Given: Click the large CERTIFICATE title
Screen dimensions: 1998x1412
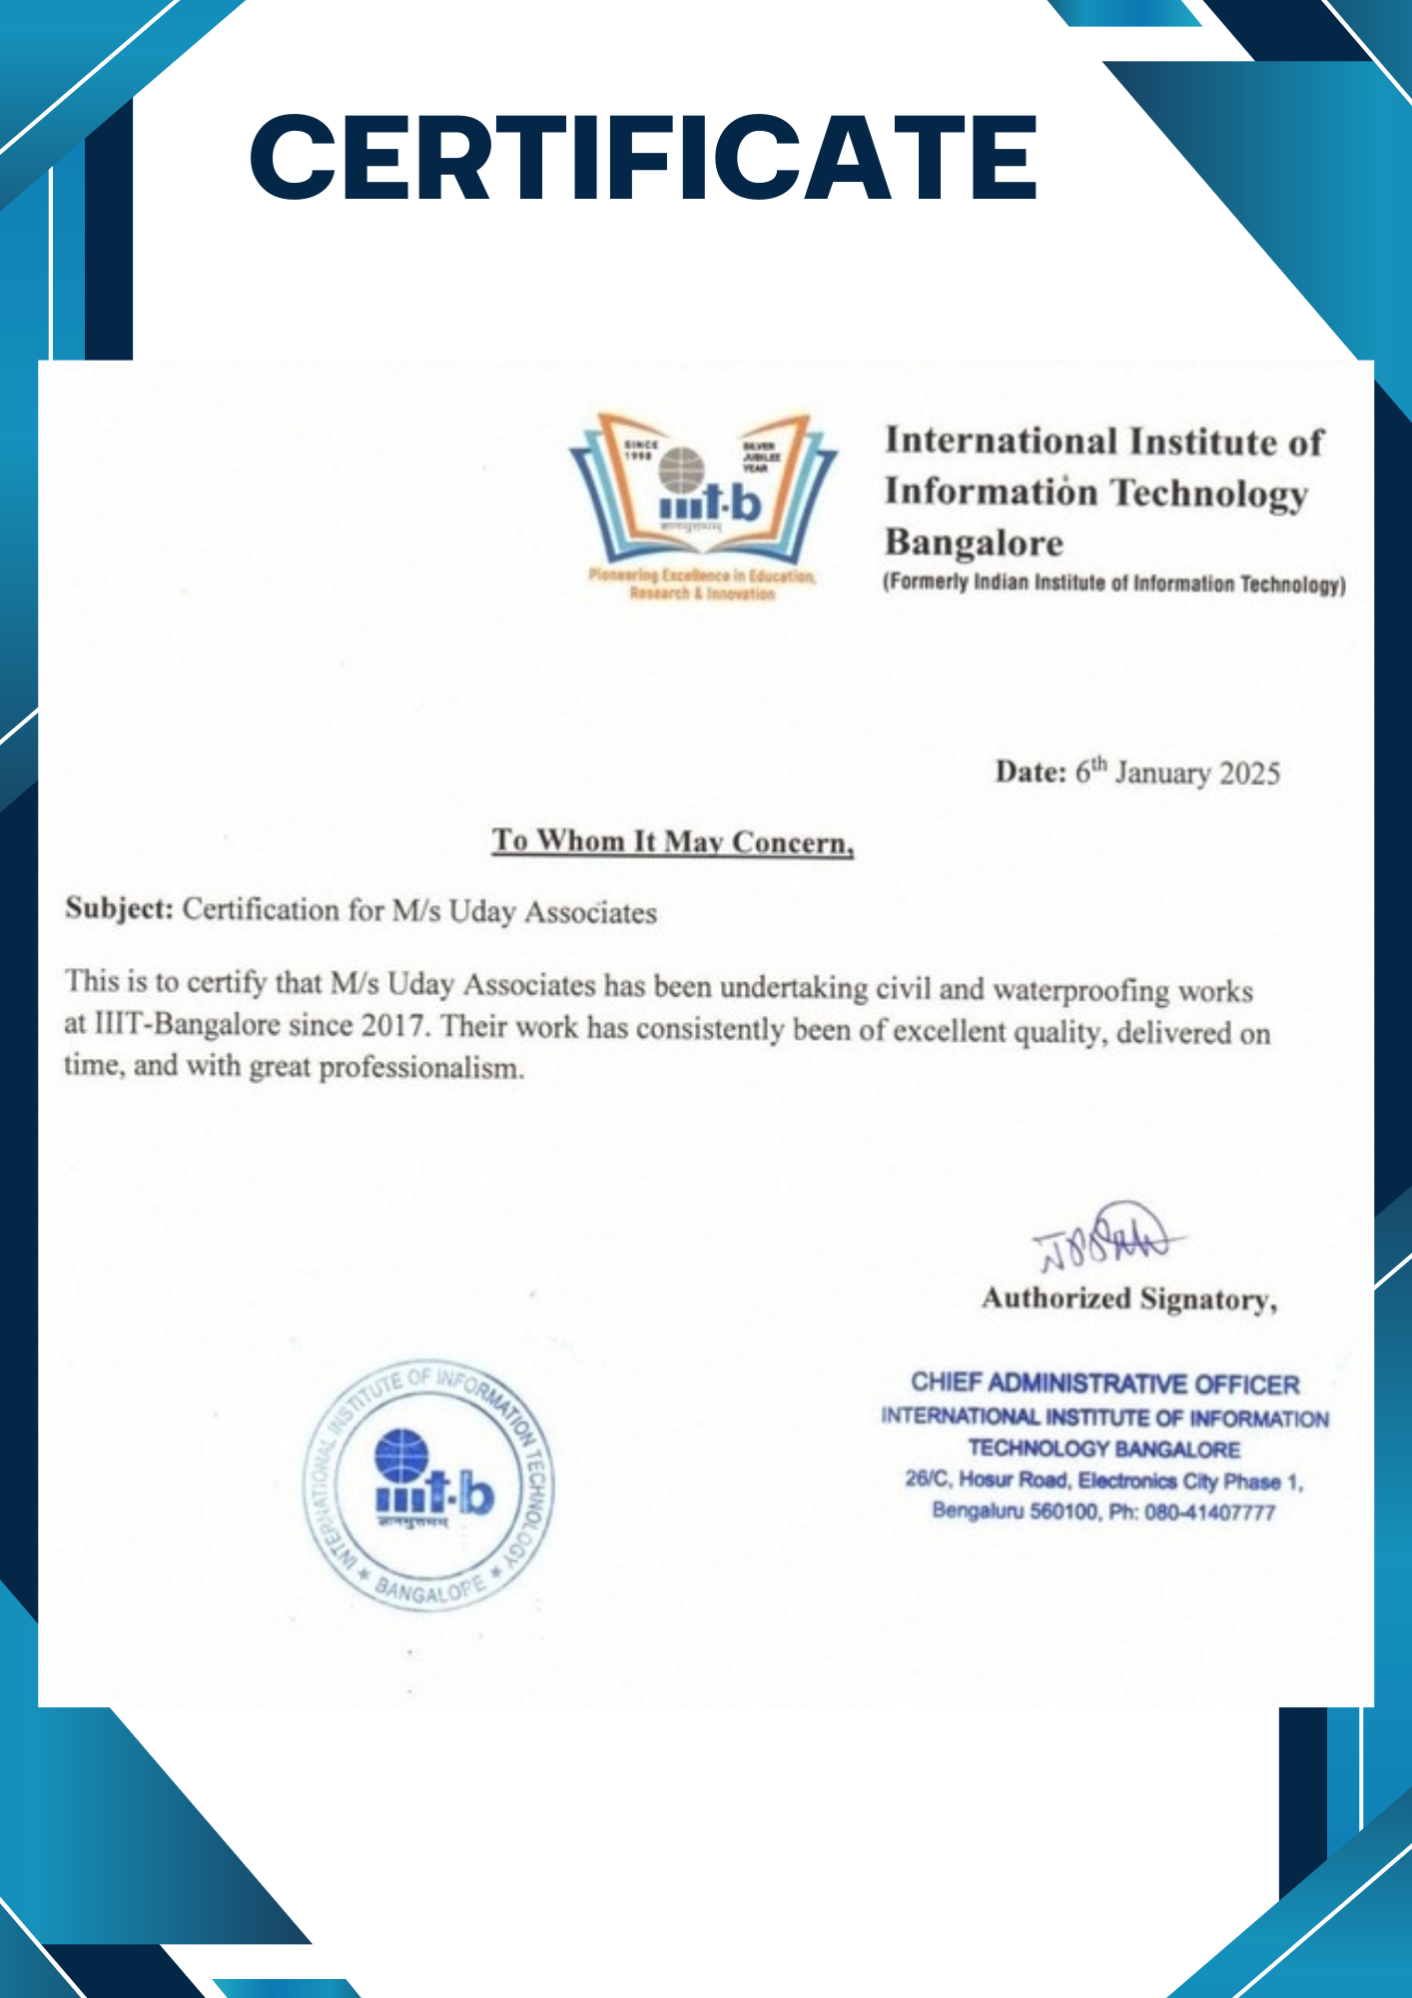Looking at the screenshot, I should [x=644, y=158].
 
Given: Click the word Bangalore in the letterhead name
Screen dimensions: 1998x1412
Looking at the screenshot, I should [x=974, y=542].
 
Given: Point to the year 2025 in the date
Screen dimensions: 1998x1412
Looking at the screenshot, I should [x=1249, y=774].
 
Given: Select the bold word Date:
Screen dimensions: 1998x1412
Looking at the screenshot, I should [x=1031, y=771].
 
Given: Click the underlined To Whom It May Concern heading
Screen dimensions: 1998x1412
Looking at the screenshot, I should [x=672, y=842].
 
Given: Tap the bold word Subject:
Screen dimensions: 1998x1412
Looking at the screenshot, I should [x=119, y=909].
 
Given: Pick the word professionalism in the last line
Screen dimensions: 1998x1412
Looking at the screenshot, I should [x=421, y=1068].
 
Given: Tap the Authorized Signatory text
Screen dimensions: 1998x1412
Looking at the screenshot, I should [x=1128, y=1299].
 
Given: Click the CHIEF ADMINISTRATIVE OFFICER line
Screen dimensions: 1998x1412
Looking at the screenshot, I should [x=1104, y=1384].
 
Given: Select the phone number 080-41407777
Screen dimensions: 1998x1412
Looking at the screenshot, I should [x=1209, y=1512].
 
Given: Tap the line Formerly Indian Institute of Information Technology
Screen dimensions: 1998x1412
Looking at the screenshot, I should [x=1113, y=583].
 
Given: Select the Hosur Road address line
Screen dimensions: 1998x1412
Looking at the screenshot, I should [x=1103, y=1481].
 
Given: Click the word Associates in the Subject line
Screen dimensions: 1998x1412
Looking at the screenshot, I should [x=590, y=912].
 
